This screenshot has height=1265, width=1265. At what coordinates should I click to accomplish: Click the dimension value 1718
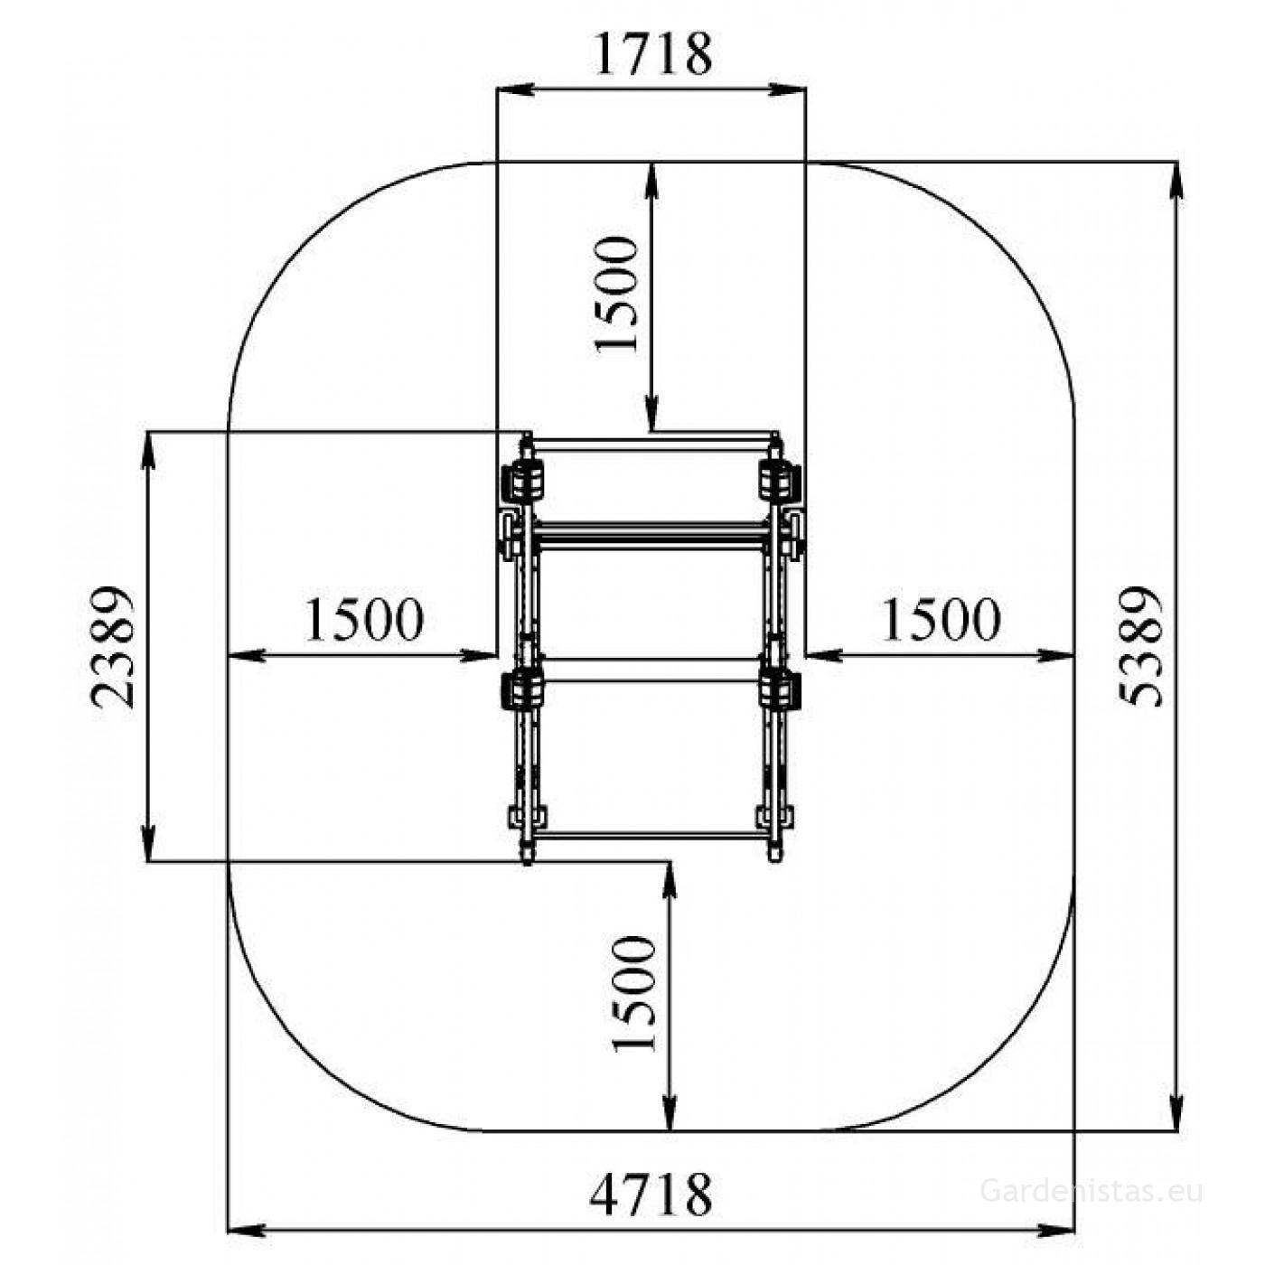(x=652, y=54)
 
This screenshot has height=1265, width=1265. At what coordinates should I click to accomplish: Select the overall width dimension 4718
(x=650, y=1177)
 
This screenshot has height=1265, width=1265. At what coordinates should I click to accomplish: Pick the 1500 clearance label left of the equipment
(x=364, y=620)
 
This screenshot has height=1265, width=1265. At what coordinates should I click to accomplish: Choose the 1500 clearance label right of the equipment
(x=941, y=620)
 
